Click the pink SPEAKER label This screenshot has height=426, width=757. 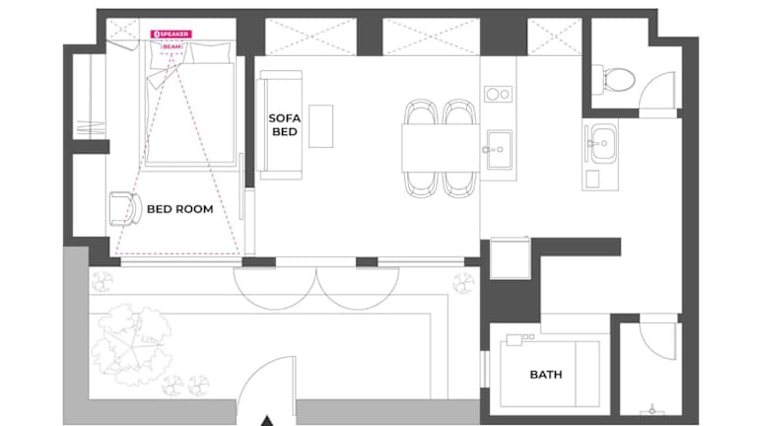coord(171,35)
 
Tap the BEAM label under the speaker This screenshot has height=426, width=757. coord(172,47)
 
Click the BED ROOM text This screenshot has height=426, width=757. coord(180,209)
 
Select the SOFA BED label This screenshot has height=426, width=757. coord(284,125)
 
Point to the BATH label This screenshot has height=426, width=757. coord(546,375)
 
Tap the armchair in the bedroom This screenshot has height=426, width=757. coord(125,209)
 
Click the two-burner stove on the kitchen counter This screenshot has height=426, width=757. coord(498,95)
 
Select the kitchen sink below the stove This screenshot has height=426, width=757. coord(499,149)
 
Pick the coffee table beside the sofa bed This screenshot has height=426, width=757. coord(320,126)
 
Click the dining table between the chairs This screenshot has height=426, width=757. coord(441,148)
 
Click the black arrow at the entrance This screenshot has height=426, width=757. coord(267,421)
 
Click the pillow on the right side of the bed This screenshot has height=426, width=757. coord(211,53)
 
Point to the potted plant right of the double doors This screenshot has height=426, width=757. coord(463,283)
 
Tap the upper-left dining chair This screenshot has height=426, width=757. coord(421,112)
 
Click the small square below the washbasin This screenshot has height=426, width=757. coord(592,178)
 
